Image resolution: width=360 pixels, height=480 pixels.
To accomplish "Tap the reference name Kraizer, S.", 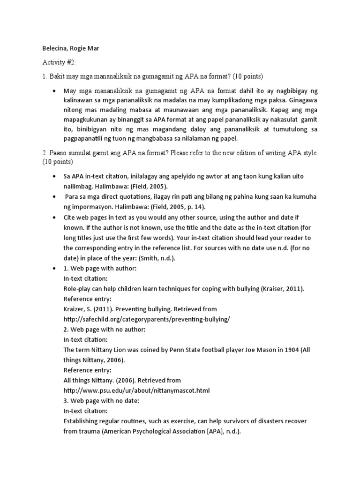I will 81,309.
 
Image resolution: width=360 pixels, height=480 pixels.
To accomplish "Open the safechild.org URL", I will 147,319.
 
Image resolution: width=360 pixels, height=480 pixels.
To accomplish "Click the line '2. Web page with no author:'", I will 105,330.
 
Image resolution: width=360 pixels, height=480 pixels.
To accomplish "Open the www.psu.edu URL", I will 136,390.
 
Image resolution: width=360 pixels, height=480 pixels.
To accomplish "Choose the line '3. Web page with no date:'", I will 101,401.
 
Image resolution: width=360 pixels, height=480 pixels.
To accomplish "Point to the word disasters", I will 266,421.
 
